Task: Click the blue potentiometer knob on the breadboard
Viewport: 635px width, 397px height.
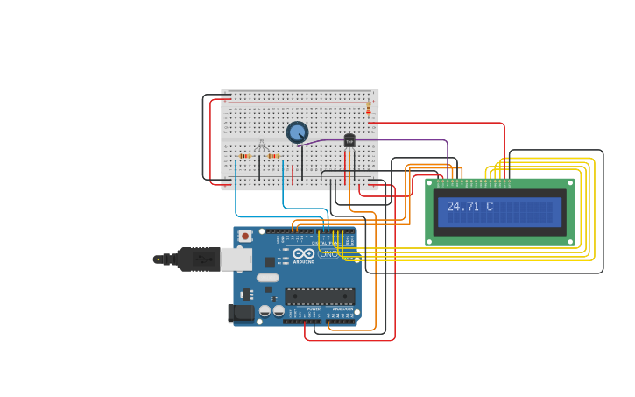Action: pyautogui.click(x=298, y=132)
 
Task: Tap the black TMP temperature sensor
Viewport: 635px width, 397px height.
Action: pyautogui.click(x=349, y=140)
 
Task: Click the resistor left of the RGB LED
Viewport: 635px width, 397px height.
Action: pyautogui.click(x=244, y=156)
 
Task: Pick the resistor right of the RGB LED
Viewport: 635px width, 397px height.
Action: pyautogui.click(x=273, y=156)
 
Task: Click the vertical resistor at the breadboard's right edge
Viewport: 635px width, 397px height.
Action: pyautogui.click(x=369, y=108)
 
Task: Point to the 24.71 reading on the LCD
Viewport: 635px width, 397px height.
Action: pyautogui.click(x=463, y=207)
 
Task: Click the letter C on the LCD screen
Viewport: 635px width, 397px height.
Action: pyautogui.click(x=489, y=207)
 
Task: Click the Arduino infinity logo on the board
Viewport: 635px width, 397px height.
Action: pyautogui.click(x=303, y=254)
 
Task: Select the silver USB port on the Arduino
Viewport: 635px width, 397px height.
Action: pyautogui.click(x=236, y=259)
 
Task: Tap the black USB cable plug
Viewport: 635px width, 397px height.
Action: pyautogui.click(x=197, y=259)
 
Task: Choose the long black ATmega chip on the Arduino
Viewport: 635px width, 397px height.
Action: pyautogui.click(x=320, y=296)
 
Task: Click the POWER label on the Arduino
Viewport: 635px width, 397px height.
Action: pyautogui.click(x=314, y=309)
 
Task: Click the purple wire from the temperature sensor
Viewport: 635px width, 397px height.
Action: pyautogui.click(x=403, y=139)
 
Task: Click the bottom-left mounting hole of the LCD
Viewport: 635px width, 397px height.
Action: pyautogui.click(x=430, y=240)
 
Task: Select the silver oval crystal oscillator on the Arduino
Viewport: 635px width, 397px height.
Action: pyautogui.click(x=268, y=278)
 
